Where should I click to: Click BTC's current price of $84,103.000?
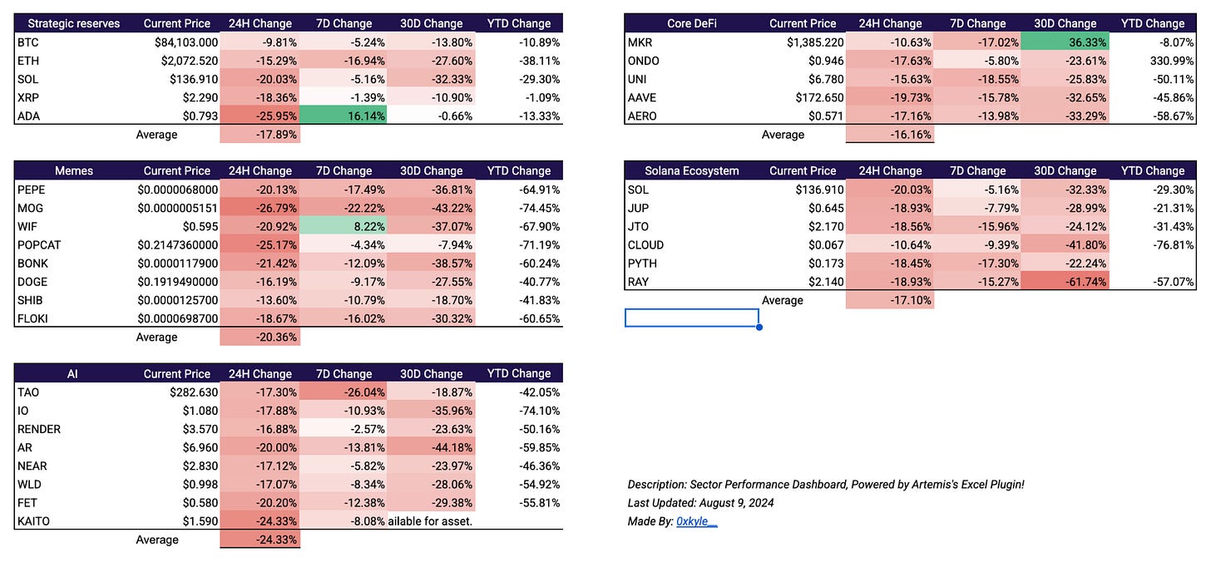(x=186, y=42)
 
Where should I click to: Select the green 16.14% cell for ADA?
(x=344, y=116)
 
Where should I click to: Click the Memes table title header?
(x=74, y=170)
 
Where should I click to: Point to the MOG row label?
(x=30, y=208)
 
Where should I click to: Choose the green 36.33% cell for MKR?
(x=1065, y=42)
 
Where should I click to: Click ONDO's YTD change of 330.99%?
(x=1172, y=61)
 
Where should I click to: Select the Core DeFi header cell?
(x=691, y=24)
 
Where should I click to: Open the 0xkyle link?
(x=696, y=521)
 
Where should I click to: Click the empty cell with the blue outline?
(x=692, y=318)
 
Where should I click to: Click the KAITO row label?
(x=33, y=521)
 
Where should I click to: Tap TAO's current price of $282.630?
(x=194, y=392)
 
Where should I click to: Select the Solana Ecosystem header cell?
(x=691, y=170)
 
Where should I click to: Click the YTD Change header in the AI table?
(x=518, y=373)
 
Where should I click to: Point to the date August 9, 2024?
(x=736, y=503)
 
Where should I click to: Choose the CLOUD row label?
(x=645, y=245)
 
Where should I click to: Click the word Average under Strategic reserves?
(x=156, y=135)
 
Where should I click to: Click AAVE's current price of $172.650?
(x=819, y=97)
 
